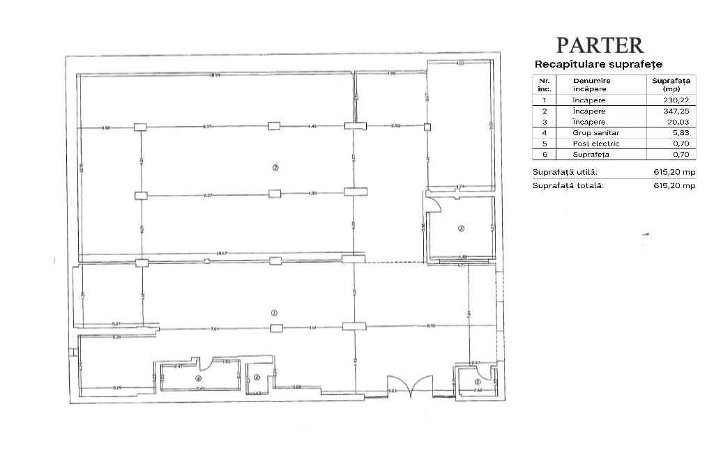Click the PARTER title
click(x=600, y=45)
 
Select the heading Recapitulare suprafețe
click(x=598, y=64)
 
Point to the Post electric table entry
click(x=595, y=143)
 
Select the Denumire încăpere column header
click(x=592, y=85)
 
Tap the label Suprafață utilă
click(x=565, y=172)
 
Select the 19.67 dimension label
click(x=222, y=254)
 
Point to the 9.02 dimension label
click(x=491, y=125)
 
